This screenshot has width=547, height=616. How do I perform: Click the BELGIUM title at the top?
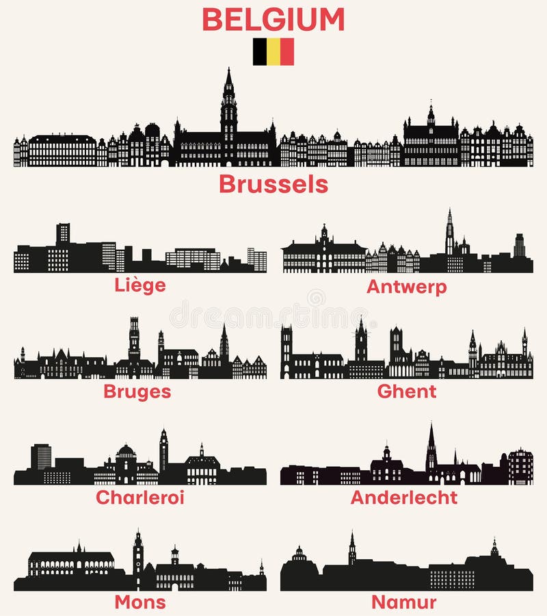pos(273,19)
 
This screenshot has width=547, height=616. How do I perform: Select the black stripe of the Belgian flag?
pos(260,51)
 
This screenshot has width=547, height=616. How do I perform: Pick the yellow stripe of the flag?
pos(273,51)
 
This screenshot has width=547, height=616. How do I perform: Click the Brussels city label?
pos(273,184)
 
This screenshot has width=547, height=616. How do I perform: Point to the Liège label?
pos(140,285)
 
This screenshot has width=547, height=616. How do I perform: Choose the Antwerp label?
pos(407,286)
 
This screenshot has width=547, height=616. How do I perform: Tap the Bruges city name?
pos(137,392)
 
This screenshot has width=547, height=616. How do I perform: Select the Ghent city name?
pos(407,391)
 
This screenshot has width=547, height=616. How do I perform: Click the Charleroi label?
pos(140,498)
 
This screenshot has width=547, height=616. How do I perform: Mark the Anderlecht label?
pos(404,498)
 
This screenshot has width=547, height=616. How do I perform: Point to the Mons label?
pos(140,602)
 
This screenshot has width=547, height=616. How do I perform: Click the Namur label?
pos(404,602)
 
